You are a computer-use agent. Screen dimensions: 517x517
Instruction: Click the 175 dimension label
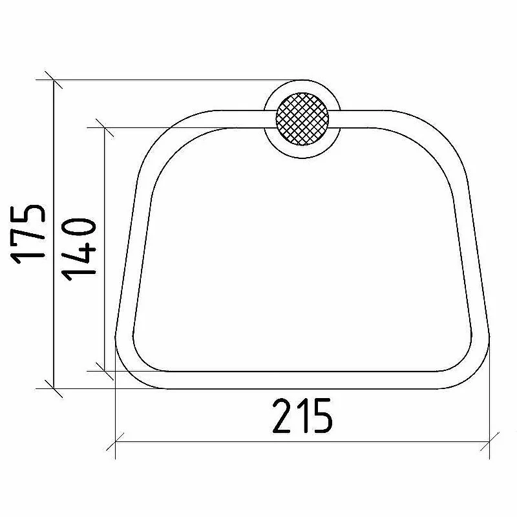point(28,235)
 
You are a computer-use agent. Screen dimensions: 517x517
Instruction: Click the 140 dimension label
point(79,249)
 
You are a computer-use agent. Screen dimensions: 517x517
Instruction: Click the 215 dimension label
point(302,416)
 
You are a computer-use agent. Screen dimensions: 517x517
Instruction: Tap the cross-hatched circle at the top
point(302,119)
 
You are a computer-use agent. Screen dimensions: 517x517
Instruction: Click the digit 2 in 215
point(284,416)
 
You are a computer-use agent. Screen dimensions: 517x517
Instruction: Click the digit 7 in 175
point(28,237)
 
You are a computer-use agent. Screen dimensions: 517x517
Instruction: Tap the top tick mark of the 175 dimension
point(54,79)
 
